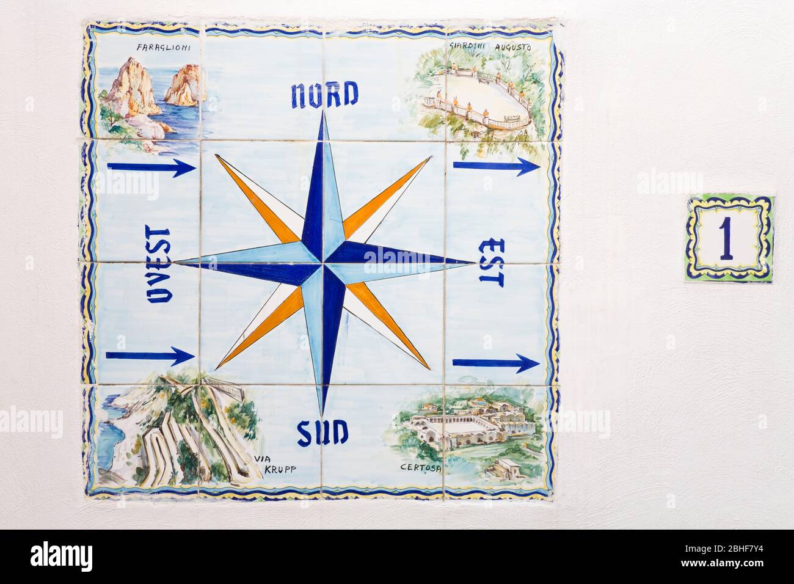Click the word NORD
(x=324, y=95)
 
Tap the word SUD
(x=323, y=433)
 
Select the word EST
(x=490, y=263)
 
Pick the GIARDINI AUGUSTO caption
(x=490, y=46)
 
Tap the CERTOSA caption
(x=421, y=468)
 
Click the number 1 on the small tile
(x=726, y=238)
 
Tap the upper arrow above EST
(x=496, y=166)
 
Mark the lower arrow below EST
(x=496, y=364)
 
